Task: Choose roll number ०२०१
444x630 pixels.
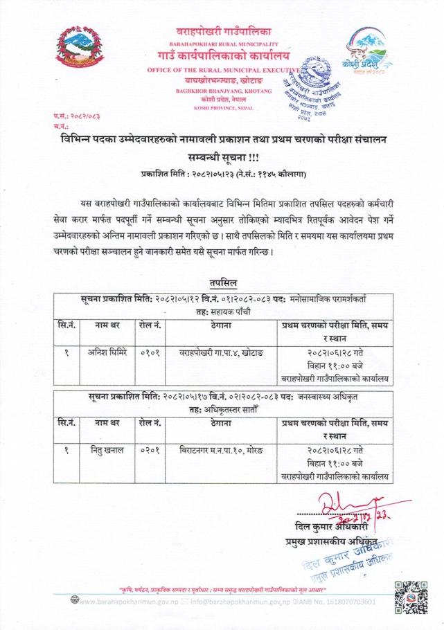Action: [149, 450]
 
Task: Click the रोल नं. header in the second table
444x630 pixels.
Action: [149, 422]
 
